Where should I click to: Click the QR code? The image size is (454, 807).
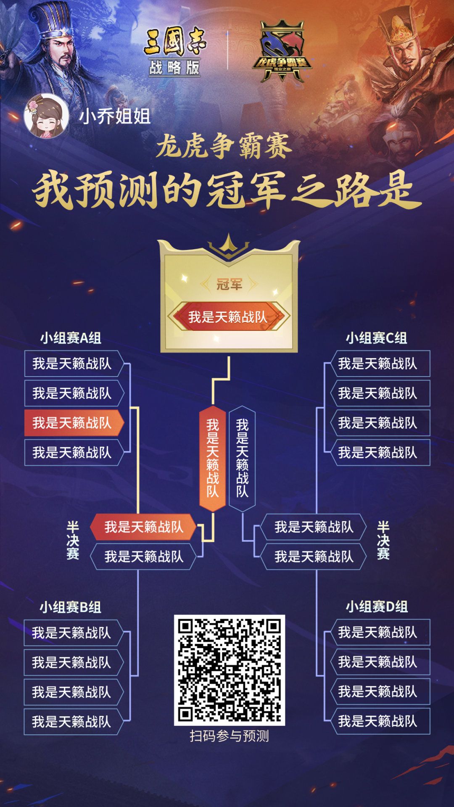pos(229,670)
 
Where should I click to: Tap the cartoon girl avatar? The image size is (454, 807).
pos(46,116)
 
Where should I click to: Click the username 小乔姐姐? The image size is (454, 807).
pos(114,116)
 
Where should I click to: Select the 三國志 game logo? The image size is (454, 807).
pos(175,42)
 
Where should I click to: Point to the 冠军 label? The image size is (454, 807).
pos(229,285)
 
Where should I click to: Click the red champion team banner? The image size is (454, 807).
pos(228,316)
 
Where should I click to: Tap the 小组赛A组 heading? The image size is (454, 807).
pos(71,338)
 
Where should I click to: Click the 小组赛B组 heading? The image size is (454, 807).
pos(71,607)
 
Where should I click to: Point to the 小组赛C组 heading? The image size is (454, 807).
pos(376,338)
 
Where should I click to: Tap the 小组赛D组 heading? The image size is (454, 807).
pos(377,607)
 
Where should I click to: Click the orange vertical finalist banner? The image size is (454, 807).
pos(213,458)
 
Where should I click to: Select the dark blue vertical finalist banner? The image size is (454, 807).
pos(242,458)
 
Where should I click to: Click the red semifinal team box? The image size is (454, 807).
pos(144,527)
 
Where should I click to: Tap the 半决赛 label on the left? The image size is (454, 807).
pos(73,541)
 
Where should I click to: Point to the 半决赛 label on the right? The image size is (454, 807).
pos(383,541)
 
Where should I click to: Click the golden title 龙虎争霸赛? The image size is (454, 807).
pos(224,147)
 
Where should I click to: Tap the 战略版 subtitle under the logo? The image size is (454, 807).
pos(175,67)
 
